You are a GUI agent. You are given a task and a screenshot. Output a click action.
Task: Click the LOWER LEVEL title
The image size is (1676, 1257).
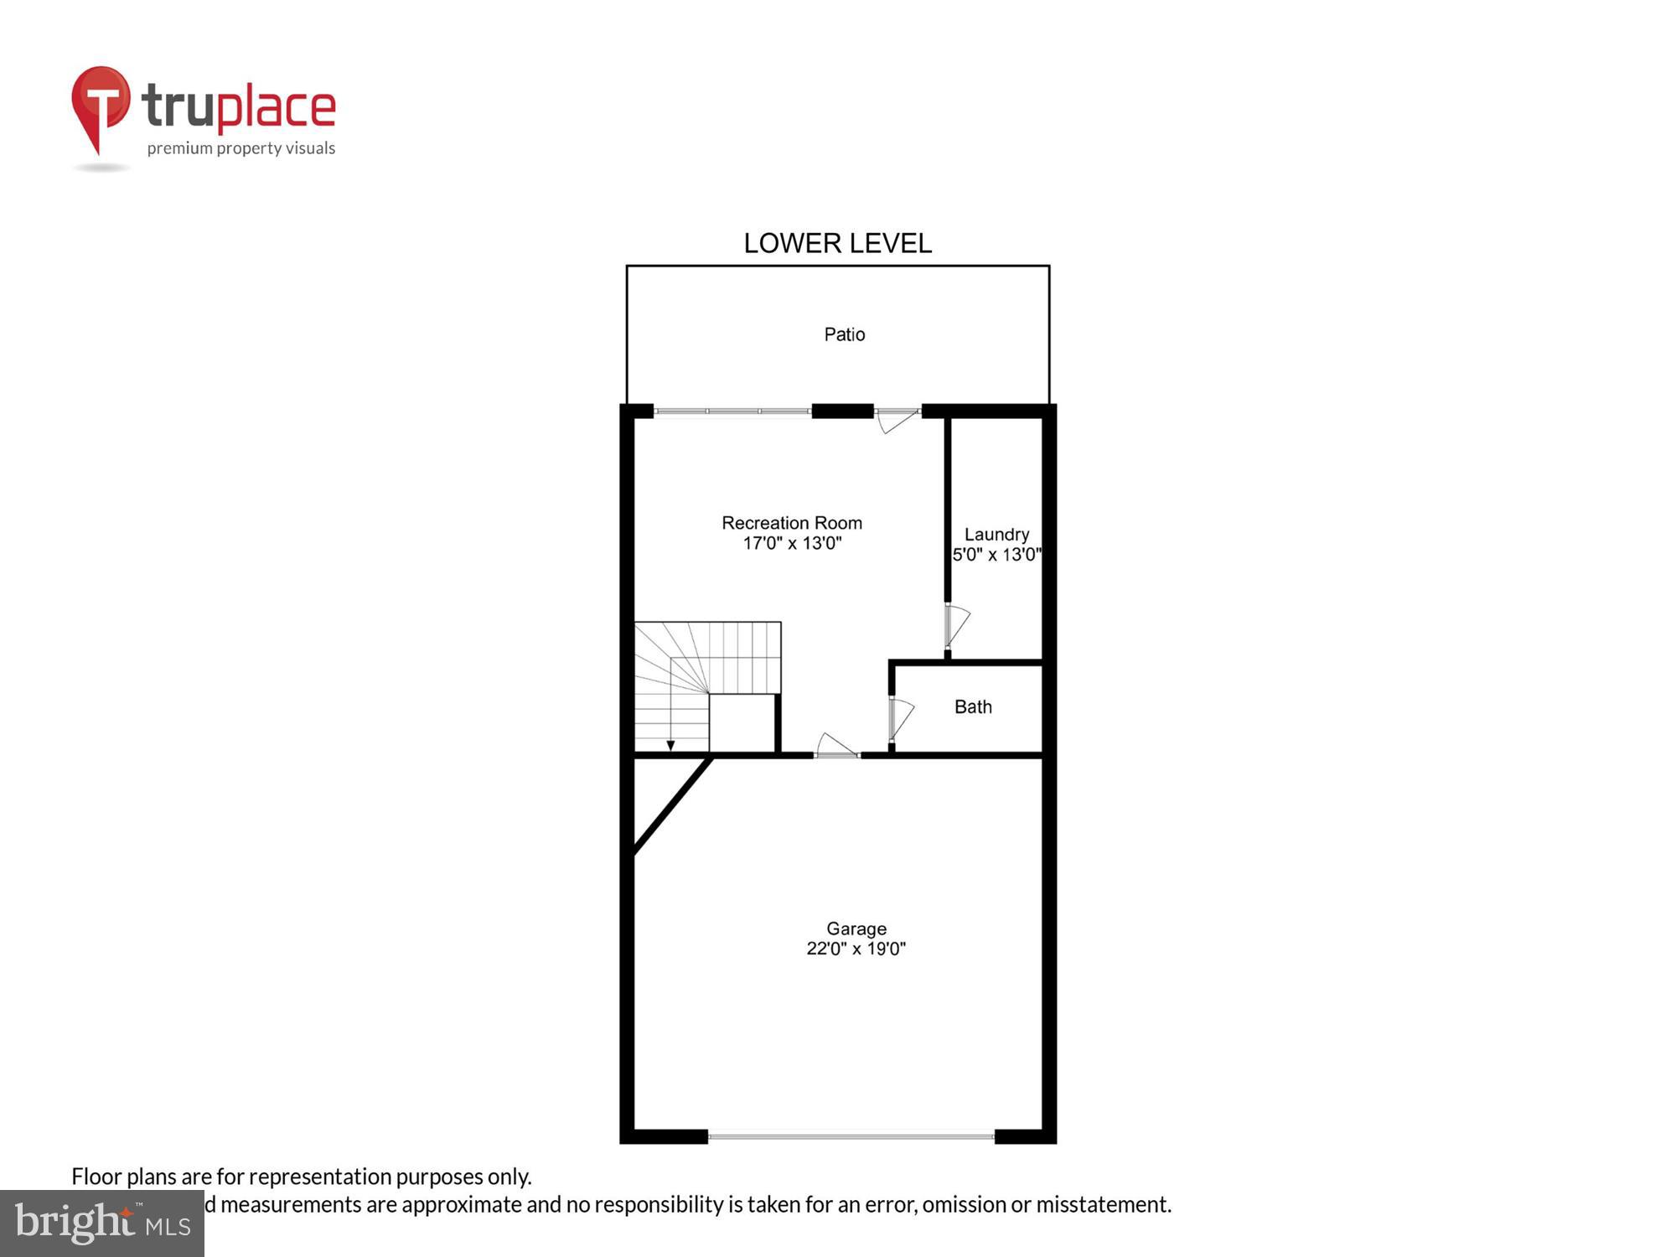(x=837, y=243)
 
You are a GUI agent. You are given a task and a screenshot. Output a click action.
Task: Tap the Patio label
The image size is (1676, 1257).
(x=844, y=334)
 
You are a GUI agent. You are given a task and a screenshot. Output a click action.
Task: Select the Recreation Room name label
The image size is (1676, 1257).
(x=792, y=523)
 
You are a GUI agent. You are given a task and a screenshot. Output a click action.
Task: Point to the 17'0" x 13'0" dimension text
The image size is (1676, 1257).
(x=792, y=543)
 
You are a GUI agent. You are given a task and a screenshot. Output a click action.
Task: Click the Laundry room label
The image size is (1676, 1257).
(x=996, y=535)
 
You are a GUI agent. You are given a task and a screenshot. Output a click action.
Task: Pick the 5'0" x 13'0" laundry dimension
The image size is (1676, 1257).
(x=996, y=555)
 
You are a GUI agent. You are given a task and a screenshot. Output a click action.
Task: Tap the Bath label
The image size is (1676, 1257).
(x=973, y=707)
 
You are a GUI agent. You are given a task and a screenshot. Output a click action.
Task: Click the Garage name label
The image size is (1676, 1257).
(x=856, y=929)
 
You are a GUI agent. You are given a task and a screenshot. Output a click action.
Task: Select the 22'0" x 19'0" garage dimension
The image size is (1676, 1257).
(x=856, y=949)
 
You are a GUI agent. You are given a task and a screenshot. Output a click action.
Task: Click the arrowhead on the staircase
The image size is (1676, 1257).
(x=670, y=745)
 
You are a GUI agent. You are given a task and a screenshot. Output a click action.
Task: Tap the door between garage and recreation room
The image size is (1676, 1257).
(x=835, y=747)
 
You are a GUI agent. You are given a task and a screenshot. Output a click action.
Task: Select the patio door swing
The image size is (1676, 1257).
(x=897, y=420)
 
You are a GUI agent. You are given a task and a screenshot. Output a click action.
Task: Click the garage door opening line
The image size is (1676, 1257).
(x=851, y=1136)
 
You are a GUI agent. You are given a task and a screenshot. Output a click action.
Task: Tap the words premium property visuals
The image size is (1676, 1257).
(x=241, y=149)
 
